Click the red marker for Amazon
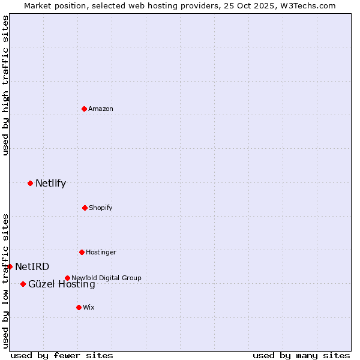[84, 109]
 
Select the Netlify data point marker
[30, 183]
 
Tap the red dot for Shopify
[85, 208]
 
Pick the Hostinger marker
[82, 252]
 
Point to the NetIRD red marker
[10, 266]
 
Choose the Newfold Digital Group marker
[67, 278]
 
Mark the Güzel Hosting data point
[23, 284]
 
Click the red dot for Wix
[79, 307]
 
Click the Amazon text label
[101, 109]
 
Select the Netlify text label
[50, 184]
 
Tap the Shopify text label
[101, 208]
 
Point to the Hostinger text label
[101, 252]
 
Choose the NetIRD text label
[32, 267]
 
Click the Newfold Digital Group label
[106, 278]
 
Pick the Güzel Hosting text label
[61, 284]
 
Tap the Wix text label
[89, 307]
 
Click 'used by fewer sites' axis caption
[62, 355]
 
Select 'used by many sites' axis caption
[301, 355]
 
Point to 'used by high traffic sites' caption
[6, 85]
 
